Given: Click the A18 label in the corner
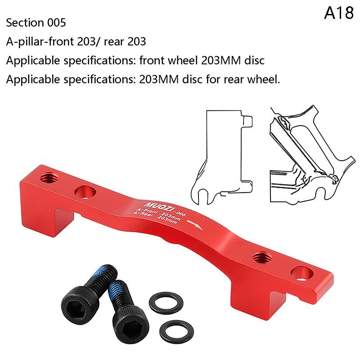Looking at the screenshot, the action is point(339,13).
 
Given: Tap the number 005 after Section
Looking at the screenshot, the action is point(57,23).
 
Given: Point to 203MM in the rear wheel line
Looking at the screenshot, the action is point(159,80).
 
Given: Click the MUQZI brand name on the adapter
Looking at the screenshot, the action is point(158,207).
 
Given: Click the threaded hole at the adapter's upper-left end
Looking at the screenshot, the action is point(49,178).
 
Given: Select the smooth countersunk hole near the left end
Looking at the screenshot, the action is point(85,192).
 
